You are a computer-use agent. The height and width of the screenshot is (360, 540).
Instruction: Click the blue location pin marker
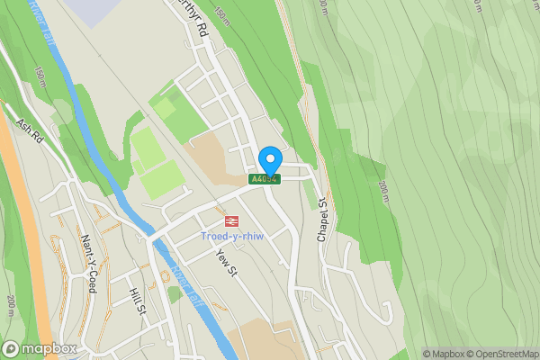[269, 161]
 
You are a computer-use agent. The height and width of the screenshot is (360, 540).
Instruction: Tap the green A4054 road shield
[265, 179]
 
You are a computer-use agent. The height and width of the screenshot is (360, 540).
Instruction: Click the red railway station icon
[231, 220]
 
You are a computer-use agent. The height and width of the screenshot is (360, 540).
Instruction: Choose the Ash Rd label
[30, 130]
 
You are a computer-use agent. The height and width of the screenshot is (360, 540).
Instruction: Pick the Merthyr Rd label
[191, 17]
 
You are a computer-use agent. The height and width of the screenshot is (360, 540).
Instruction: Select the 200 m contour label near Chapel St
[383, 190]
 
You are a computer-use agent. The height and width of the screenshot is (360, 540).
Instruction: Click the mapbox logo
[40, 348]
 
